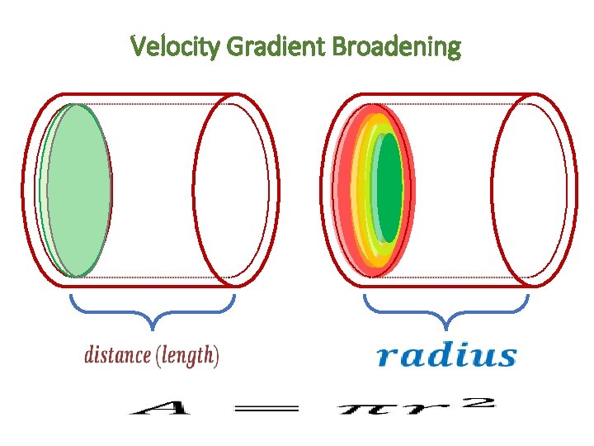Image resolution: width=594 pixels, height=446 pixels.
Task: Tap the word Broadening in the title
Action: [x=396, y=46]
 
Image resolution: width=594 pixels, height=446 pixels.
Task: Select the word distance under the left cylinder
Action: [x=117, y=356]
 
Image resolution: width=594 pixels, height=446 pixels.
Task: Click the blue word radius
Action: [x=446, y=356]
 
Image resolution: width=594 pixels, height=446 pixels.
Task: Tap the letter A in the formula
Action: [x=156, y=407]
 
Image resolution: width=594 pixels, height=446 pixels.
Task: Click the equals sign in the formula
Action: [x=271, y=407]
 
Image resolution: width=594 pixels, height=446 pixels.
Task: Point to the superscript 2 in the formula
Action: [x=483, y=402]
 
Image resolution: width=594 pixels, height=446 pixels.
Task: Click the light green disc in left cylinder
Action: [x=78, y=190]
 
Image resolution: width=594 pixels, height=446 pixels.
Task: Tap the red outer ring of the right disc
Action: [x=342, y=190]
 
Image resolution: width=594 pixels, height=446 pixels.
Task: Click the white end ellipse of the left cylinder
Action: [x=231, y=190]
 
